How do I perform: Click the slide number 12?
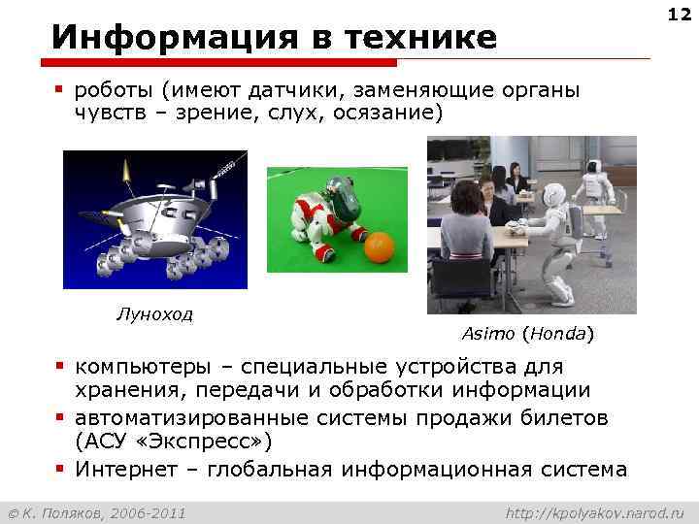tap(680, 15)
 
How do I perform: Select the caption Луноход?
tap(154, 313)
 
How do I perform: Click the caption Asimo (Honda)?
tap(527, 334)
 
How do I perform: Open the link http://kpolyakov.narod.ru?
tap(595, 511)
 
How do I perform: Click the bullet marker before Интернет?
tap(59, 469)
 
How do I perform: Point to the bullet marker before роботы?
tap(59, 89)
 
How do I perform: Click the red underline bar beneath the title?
tap(223, 62)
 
